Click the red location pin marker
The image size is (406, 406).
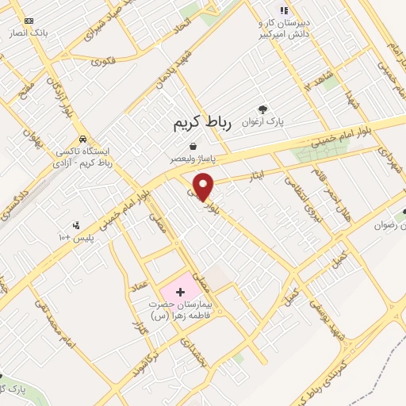(204, 186)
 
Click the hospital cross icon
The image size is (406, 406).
(180, 292)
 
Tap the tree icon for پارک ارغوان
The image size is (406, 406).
(263, 109)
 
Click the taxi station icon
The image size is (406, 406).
(82, 137)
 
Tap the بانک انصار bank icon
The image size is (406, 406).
(29, 21)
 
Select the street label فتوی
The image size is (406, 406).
(103, 60)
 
